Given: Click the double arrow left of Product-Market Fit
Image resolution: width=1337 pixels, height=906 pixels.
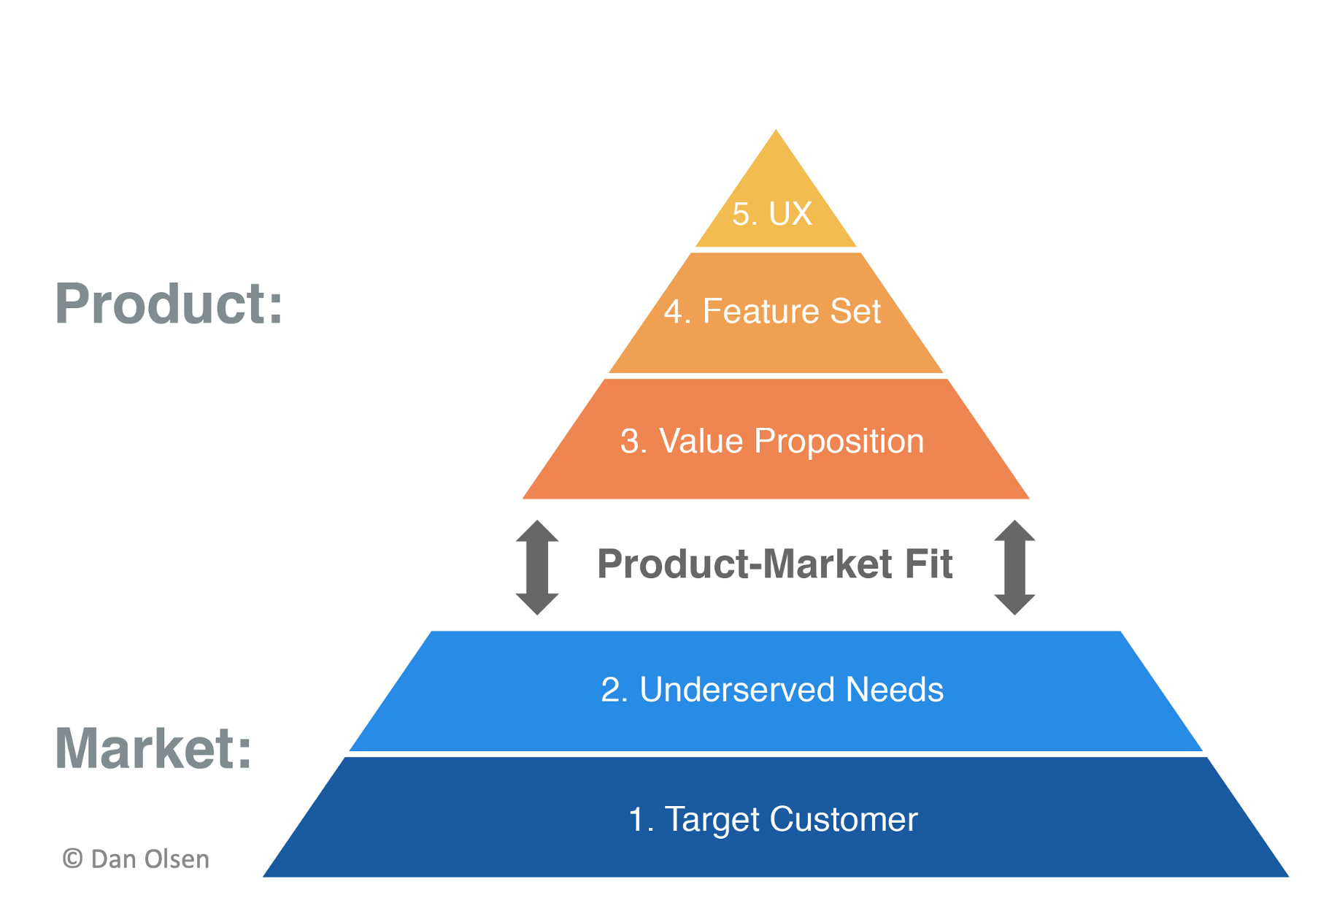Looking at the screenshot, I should click(x=537, y=567).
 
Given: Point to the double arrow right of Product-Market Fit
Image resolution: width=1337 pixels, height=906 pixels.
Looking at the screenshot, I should click(x=1014, y=567).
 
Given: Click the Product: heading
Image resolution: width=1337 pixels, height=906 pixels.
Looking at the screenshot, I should click(x=169, y=304).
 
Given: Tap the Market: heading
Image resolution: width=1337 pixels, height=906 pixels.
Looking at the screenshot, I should click(x=153, y=749).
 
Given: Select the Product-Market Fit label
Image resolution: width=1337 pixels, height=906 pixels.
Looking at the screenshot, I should click(x=774, y=564).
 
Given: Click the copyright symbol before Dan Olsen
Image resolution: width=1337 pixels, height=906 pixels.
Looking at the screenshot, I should click(x=72, y=859).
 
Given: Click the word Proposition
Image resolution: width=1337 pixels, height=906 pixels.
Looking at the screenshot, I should click(x=839, y=442).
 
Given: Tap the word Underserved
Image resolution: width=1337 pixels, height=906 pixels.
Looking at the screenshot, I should click(x=736, y=690).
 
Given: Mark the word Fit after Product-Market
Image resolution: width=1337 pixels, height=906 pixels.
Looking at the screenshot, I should click(x=928, y=564).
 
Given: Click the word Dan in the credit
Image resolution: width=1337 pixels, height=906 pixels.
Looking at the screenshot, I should click(x=115, y=859).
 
